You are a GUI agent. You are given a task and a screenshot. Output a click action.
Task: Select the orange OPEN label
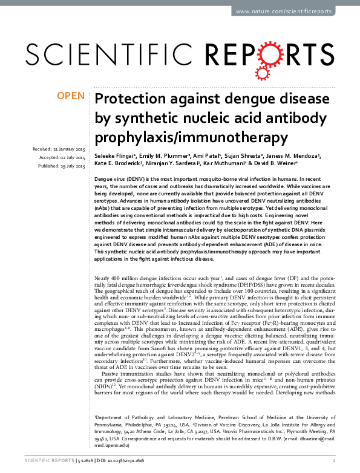71,97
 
